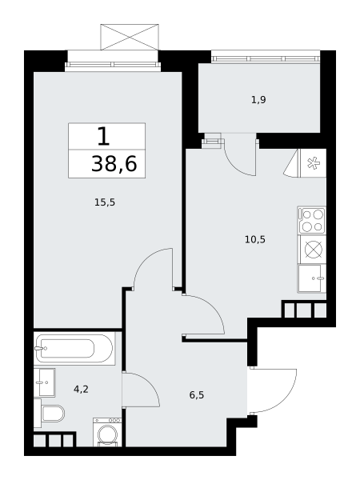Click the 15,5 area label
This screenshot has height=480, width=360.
(105, 202)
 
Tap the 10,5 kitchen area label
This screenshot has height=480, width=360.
(255, 239)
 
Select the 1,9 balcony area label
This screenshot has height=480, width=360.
(258, 100)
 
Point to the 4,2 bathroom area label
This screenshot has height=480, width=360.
(81, 389)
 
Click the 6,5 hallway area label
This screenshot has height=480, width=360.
(197, 395)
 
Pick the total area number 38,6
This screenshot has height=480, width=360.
(114, 164)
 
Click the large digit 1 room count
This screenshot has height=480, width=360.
(103, 137)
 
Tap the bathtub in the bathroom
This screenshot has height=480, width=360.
(74, 348)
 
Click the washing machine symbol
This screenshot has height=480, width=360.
(107, 432)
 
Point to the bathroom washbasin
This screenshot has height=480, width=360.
(44, 382)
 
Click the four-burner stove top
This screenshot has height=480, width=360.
(312, 220)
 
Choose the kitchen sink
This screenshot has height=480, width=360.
(312, 278)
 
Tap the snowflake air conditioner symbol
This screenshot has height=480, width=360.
(313, 163)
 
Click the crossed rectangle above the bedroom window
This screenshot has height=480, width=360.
(130, 37)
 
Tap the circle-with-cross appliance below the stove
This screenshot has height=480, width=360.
(314, 249)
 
